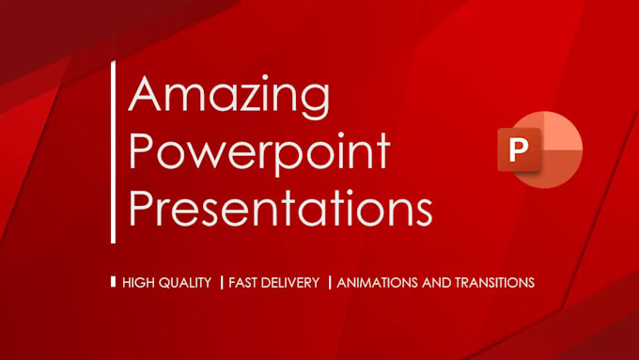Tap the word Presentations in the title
point(280,208)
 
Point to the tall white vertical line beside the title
point(114,151)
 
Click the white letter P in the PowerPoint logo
point(515,151)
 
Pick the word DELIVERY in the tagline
point(294,282)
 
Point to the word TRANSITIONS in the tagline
point(496,282)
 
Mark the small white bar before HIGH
point(114,281)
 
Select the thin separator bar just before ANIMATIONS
point(330,282)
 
